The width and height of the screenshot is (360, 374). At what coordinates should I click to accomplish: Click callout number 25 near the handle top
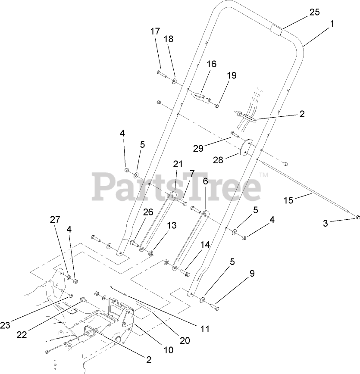point(315,12)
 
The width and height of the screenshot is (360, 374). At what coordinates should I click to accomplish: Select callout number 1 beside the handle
point(332,25)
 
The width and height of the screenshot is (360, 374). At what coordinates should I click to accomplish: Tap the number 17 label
point(155,31)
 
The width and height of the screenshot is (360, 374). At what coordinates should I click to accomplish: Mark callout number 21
point(178,164)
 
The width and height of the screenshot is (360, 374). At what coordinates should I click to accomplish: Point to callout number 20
point(185,340)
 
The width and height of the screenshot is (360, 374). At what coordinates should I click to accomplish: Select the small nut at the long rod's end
point(357,215)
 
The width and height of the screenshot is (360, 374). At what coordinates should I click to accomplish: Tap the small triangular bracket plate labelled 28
point(246,146)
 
